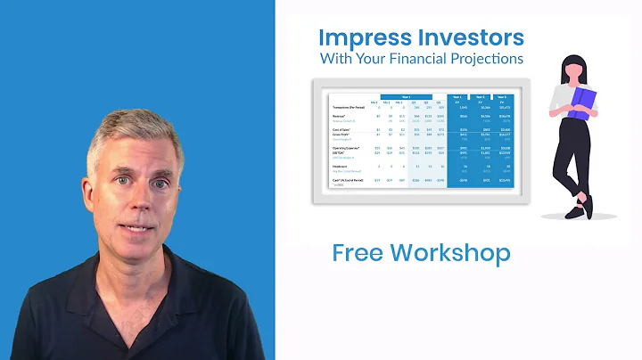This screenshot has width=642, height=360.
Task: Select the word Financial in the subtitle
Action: [436, 60]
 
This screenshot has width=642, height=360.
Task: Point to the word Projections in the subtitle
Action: [494, 60]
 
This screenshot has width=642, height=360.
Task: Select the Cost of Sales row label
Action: [341, 129]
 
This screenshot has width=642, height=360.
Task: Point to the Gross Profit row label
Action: [341, 135]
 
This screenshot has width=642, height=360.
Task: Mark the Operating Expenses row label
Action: [345, 148]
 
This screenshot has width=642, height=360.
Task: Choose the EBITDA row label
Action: [338, 153]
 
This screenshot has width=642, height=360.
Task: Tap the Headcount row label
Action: [340, 167]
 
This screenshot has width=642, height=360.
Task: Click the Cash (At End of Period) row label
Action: [349, 180]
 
